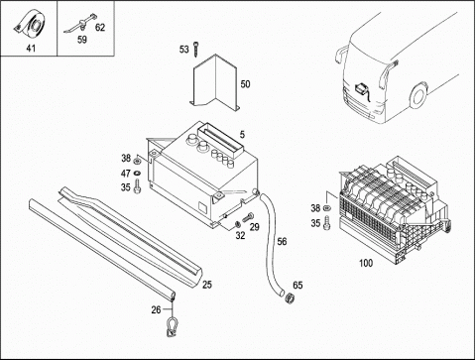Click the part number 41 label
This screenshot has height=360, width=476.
pyautogui.click(x=31, y=49)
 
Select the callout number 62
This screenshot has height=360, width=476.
pyautogui.click(x=100, y=27)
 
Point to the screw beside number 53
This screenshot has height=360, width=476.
pyautogui.click(x=196, y=49)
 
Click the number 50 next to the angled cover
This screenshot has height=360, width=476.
pyautogui.click(x=245, y=84)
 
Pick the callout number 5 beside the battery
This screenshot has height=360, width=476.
pyautogui.click(x=242, y=135)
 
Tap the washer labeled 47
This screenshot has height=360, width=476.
pyautogui.click(x=137, y=173)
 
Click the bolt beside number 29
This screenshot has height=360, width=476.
pyautogui.click(x=248, y=217)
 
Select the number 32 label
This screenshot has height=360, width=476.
pyautogui.click(x=240, y=235)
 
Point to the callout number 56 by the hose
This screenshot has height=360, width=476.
pyautogui.click(x=282, y=242)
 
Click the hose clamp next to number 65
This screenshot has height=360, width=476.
pyautogui.click(x=290, y=298)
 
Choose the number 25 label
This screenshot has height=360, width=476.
pyautogui.click(x=207, y=285)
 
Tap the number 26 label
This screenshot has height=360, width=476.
pyautogui.click(x=156, y=309)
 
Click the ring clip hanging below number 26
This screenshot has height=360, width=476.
pyautogui.click(x=171, y=326)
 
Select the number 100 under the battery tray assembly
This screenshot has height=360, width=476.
pyautogui.click(x=366, y=263)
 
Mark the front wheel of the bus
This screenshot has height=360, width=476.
pyautogui.click(x=418, y=95)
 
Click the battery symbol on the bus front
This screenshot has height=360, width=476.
pyautogui.click(x=360, y=89)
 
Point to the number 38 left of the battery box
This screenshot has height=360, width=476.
pyautogui.click(x=126, y=158)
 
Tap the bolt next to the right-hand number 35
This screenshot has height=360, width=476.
pyautogui.click(x=327, y=223)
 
